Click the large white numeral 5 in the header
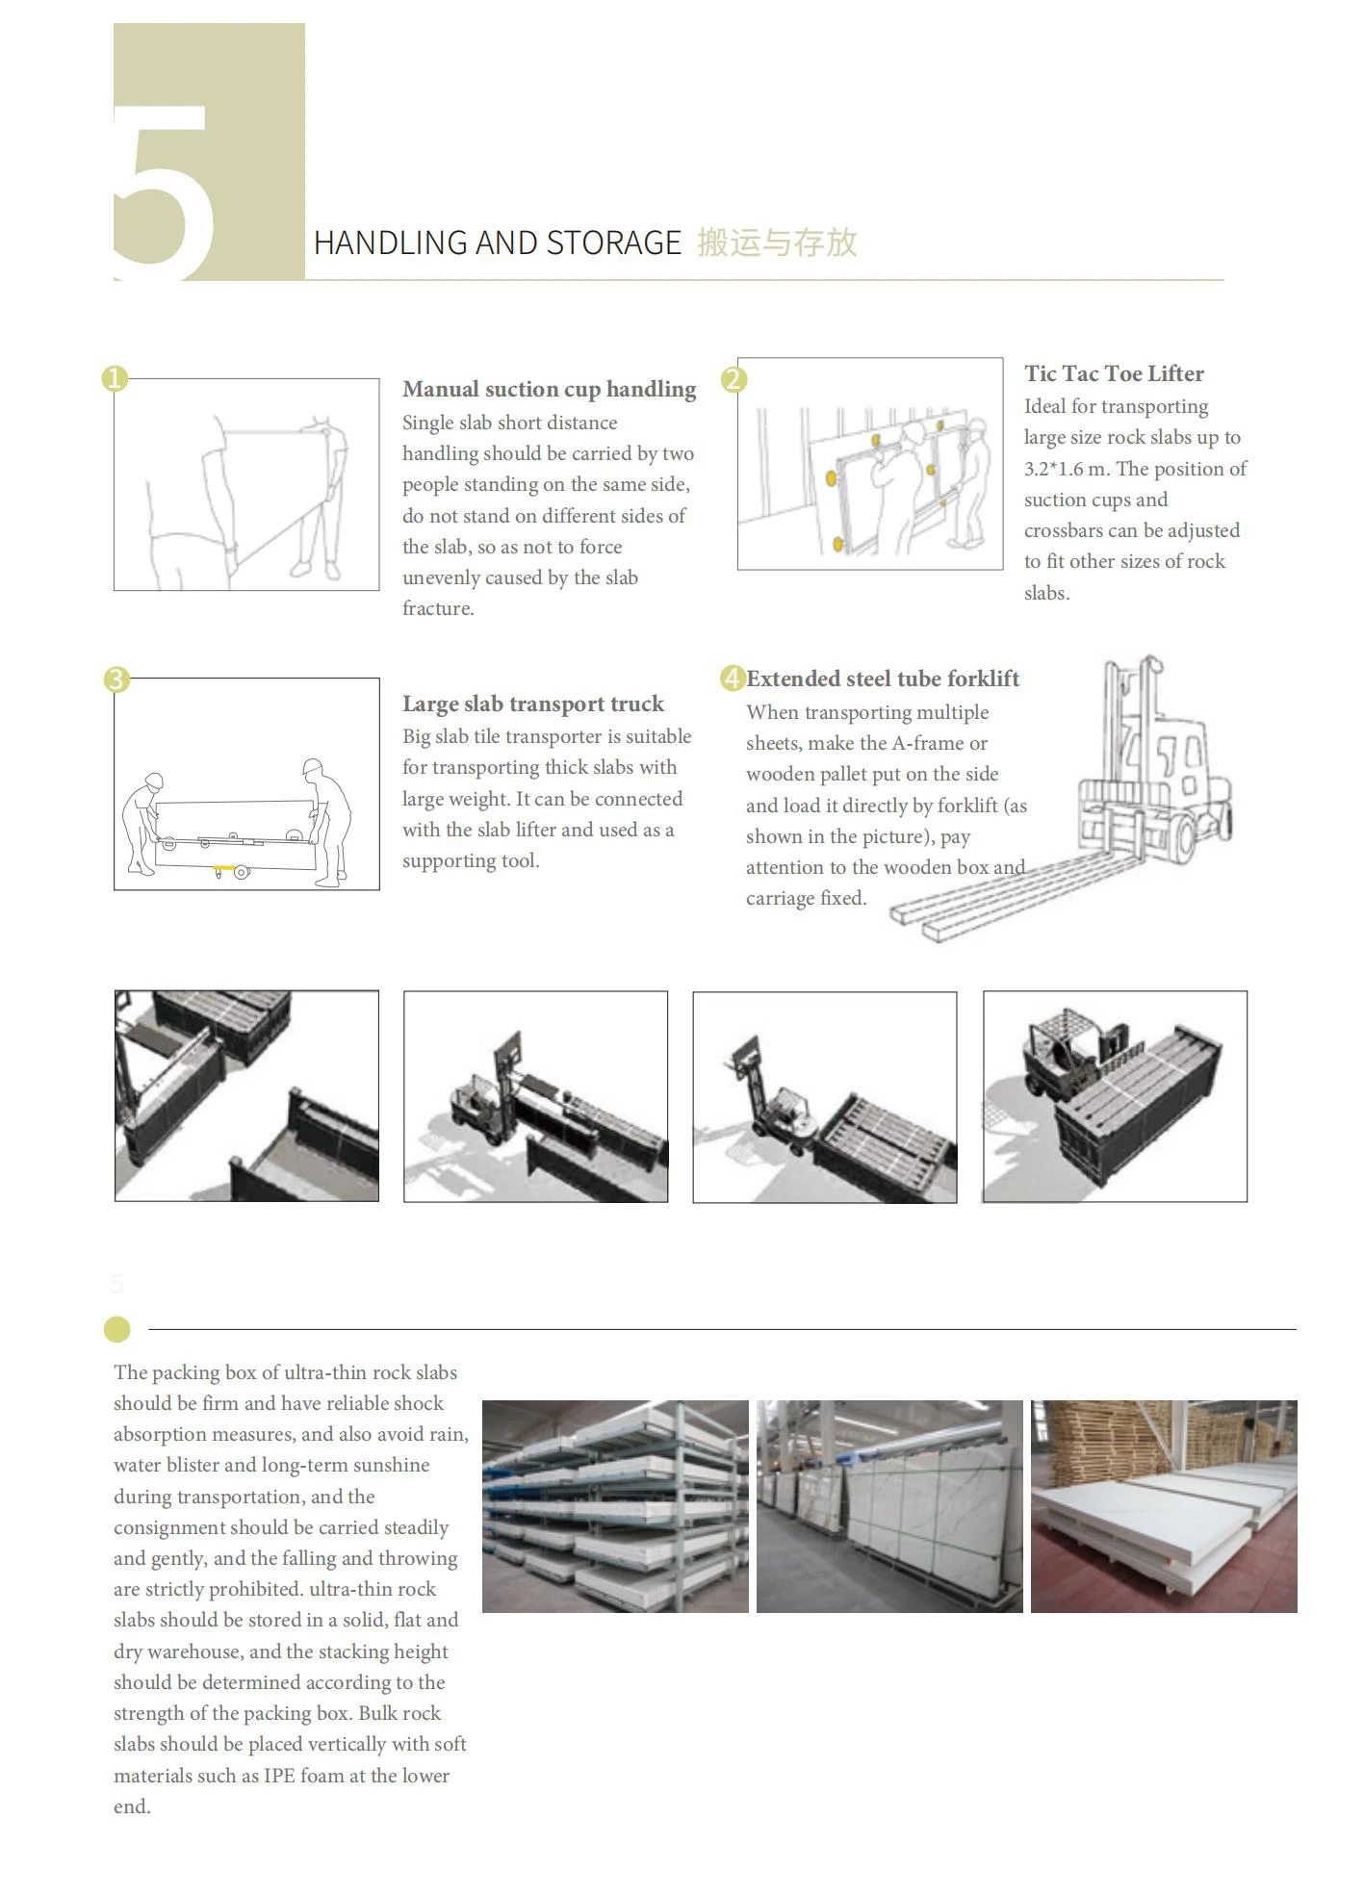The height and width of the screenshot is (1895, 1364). coord(164,188)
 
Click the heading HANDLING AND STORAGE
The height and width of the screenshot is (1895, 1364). coord(497,243)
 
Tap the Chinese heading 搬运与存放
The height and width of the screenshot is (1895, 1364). coord(777,243)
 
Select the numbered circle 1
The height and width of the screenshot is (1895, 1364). coord(115,378)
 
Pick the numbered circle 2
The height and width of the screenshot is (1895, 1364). coord(733,379)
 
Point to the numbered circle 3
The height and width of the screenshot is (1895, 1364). coord(116,679)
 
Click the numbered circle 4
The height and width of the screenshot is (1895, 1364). coord(733,679)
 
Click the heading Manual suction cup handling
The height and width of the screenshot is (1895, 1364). coord(549,389)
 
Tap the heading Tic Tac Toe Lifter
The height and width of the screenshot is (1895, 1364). coord(1114,373)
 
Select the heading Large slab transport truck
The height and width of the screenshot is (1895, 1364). coord(532,704)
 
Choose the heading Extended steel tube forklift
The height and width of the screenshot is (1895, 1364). coord(883,679)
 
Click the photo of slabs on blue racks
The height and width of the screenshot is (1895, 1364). coord(615,1506)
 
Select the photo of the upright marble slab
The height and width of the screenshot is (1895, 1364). coord(889,1506)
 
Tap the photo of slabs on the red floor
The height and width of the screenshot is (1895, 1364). coord(1164,1506)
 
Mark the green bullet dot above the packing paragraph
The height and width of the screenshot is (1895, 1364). coord(117,1329)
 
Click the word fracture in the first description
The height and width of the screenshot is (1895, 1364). coord(437,608)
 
